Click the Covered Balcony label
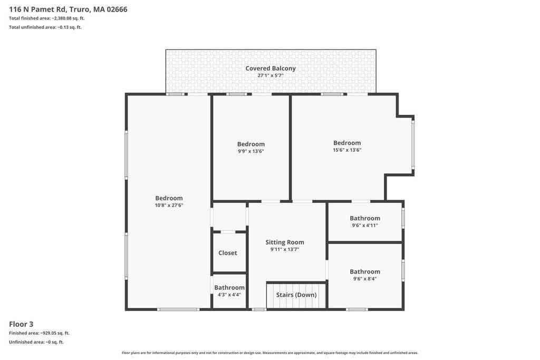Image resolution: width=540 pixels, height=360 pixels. tap(271, 68)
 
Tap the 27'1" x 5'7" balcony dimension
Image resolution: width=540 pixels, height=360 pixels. tap(271, 75)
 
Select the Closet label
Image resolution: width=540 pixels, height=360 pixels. tap(228, 252)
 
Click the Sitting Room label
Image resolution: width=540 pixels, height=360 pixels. tap(284, 242)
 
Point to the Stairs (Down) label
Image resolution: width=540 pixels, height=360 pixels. tap(296, 295)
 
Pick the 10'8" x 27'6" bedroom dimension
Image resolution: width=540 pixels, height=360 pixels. tap(169, 205)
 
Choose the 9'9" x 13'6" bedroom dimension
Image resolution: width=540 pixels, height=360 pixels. tap(250, 151)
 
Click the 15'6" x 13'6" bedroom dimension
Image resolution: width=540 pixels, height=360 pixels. tap(347, 150)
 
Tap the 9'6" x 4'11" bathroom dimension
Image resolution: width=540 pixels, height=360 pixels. tap(365, 226)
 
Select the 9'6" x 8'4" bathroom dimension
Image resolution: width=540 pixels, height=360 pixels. tap(365, 279)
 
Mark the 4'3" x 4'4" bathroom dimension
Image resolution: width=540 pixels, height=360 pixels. tap(229, 295)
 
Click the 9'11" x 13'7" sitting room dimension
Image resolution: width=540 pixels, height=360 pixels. tap(284, 249)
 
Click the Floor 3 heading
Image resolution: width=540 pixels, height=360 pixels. tap(21, 324)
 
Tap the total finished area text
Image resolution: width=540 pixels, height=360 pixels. tap(47, 18)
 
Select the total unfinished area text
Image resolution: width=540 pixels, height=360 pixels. tap(45, 27)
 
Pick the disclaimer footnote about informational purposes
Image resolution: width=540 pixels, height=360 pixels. tap(270, 353)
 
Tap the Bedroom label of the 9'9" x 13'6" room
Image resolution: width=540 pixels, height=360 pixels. tap(250, 144)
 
